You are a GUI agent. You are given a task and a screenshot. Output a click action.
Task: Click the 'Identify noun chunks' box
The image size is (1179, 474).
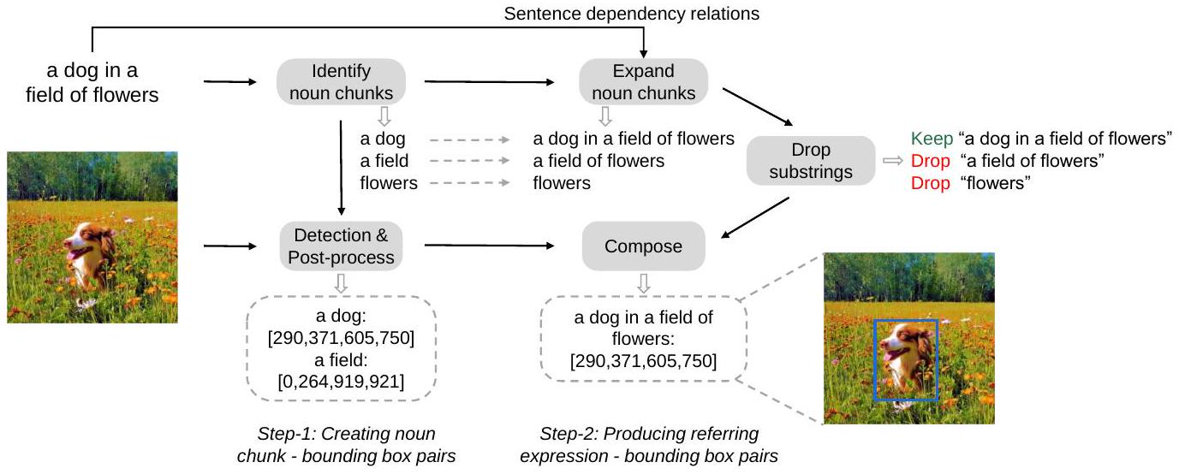341,82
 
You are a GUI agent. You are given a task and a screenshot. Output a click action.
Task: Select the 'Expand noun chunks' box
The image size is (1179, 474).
643,82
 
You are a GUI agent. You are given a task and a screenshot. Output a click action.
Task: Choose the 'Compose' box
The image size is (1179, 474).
643,246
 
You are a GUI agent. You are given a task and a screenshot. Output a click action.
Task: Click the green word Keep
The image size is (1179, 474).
931,139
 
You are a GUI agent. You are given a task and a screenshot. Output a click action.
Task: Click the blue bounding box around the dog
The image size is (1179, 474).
905,360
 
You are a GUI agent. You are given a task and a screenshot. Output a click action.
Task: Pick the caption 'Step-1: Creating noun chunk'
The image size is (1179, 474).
346,434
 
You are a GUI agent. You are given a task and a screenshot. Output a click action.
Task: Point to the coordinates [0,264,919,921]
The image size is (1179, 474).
341,381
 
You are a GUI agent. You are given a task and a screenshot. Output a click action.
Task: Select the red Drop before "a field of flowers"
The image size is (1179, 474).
930,161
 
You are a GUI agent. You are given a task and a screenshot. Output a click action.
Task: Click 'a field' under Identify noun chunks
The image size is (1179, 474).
384,161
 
